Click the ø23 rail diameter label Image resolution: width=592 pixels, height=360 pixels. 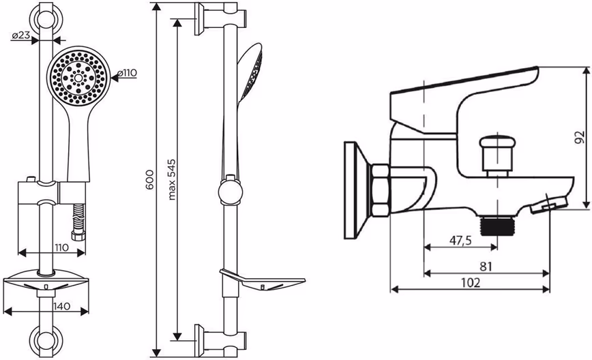click(x=20, y=35)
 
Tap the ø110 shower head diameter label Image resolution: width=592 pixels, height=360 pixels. click(x=127, y=73)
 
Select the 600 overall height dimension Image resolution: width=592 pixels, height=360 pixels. click(x=150, y=179)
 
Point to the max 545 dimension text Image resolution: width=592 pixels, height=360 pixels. click(x=172, y=179)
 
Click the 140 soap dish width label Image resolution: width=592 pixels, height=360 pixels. click(x=62, y=306)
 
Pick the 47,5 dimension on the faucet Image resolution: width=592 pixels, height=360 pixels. click(x=460, y=241)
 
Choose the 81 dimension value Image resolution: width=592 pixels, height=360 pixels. click(x=486, y=267)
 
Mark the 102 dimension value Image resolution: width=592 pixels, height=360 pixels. click(x=471, y=283)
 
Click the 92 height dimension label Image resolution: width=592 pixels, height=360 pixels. click(x=580, y=137)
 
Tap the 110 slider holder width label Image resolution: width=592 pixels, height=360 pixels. click(x=61, y=247)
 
